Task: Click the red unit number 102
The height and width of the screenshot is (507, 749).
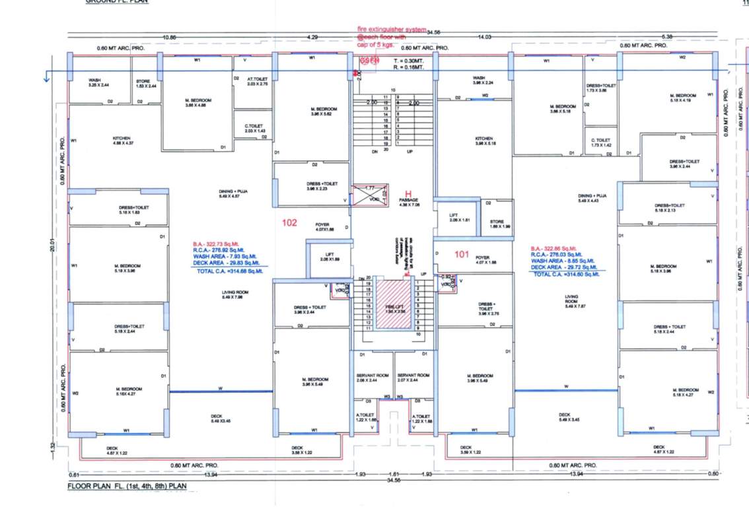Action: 289,223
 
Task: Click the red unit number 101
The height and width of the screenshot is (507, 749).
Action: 462,253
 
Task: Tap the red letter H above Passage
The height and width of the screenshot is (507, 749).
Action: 409,194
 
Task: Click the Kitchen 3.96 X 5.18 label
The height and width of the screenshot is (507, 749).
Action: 484,141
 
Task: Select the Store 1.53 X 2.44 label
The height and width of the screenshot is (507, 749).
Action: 146,84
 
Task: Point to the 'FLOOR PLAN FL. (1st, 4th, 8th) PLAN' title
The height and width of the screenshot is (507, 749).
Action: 127,487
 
